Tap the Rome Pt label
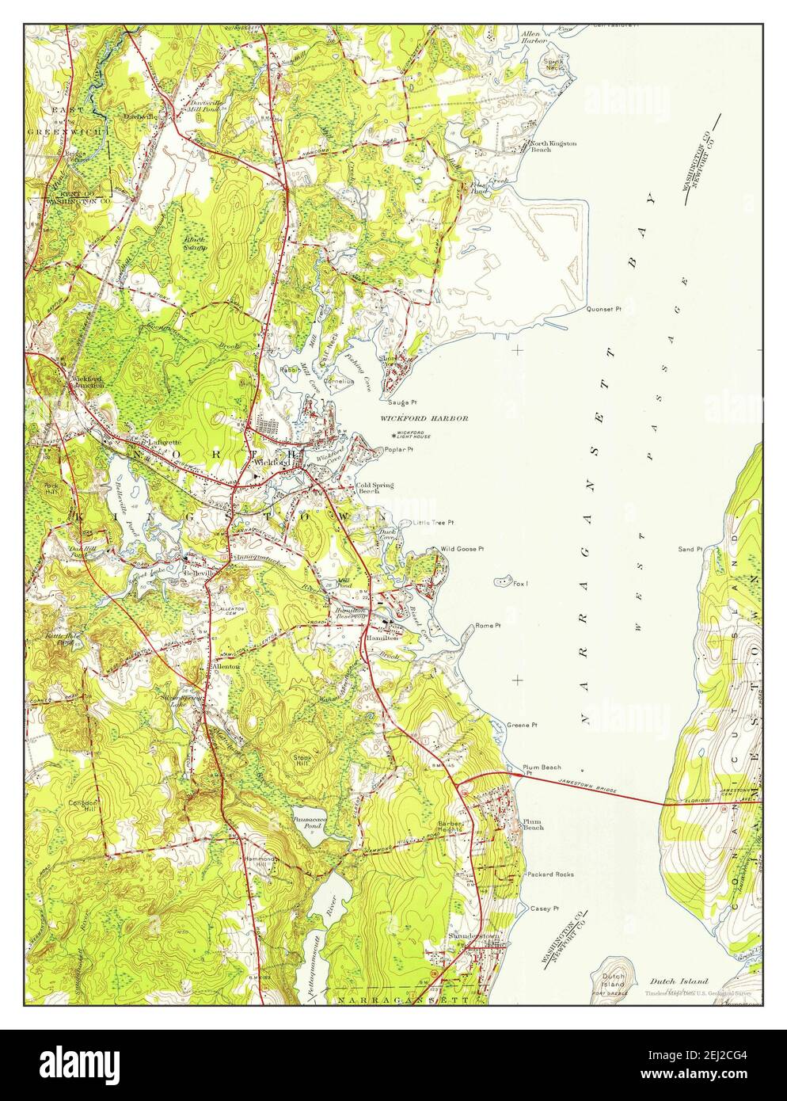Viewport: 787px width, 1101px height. coord(488,626)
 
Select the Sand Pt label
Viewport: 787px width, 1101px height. coord(690,549)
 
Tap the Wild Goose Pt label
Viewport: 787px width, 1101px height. coord(462,547)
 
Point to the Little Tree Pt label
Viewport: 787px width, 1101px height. coord(432,523)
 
